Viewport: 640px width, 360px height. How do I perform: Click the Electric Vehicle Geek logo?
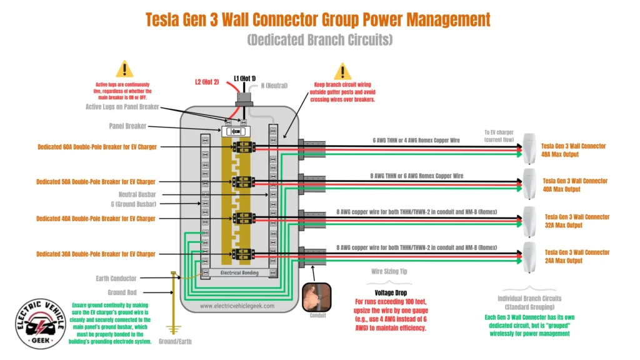(x=39, y=323)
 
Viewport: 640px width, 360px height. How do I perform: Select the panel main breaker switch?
(x=236, y=132)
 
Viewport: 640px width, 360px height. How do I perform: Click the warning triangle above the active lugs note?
(x=125, y=69)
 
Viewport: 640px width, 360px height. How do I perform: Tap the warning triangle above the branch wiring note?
(x=342, y=71)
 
